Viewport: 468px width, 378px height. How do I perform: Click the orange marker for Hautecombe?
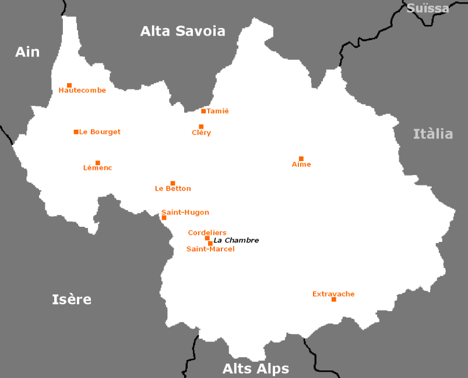pyautogui.click(x=69, y=85)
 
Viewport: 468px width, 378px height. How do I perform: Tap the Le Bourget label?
pyautogui.click(x=100, y=132)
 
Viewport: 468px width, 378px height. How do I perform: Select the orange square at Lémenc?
pyautogui.click(x=98, y=163)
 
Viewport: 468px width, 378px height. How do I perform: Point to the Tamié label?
pyautogui.click(x=218, y=111)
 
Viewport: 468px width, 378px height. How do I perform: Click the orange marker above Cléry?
pyautogui.click(x=201, y=127)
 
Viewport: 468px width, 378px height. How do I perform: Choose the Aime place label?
pyautogui.click(x=301, y=165)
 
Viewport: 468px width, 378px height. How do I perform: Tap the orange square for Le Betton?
pyautogui.click(x=173, y=183)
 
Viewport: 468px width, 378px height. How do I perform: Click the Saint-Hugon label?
pyautogui.click(x=185, y=212)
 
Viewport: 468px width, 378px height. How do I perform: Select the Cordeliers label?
pyautogui.click(x=207, y=233)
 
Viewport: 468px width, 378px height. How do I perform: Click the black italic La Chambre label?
pyautogui.click(x=236, y=240)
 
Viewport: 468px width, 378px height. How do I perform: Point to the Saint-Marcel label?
pyautogui.click(x=210, y=249)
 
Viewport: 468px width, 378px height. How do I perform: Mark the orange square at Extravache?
pyautogui.click(x=333, y=299)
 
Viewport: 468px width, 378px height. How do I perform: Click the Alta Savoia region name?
pyautogui.click(x=182, y=31)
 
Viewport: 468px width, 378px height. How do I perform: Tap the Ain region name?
pyautogui.click(x=27, y=52)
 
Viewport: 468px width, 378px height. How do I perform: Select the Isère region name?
pyautogui.click(x=72, y=299)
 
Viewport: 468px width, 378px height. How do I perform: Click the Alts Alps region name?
pyautogui.click(x=255, y=369)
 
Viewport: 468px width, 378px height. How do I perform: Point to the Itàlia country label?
pyautogui.click(x=432, y=134)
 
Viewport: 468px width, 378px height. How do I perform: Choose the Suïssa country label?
pyautogui.click(x=428, y=8)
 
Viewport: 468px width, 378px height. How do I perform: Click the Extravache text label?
pyautogui.click(x=333, y=294)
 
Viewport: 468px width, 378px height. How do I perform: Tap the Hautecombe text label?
pyautogui.click(x=82, y=91)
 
